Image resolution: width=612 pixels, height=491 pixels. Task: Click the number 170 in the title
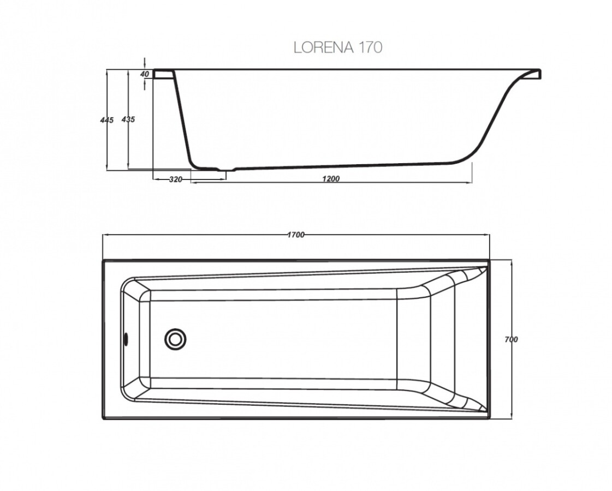[370, 47]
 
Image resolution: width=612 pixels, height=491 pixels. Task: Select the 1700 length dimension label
[295, 235]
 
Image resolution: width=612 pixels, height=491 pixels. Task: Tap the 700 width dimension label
[511, 339]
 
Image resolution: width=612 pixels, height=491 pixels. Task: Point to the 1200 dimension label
[331, 179]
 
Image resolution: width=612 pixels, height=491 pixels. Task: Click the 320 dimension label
[175, 179]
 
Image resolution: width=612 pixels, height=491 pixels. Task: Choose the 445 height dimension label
[107, 119]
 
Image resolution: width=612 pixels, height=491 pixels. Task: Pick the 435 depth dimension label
[128, 119]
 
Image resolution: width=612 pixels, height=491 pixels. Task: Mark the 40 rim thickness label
[145, 74]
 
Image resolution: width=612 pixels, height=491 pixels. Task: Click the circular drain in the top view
[175, 339]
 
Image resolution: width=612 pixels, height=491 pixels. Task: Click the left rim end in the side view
[162, 73]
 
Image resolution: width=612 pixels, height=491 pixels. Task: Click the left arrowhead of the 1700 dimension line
[105, 235]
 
